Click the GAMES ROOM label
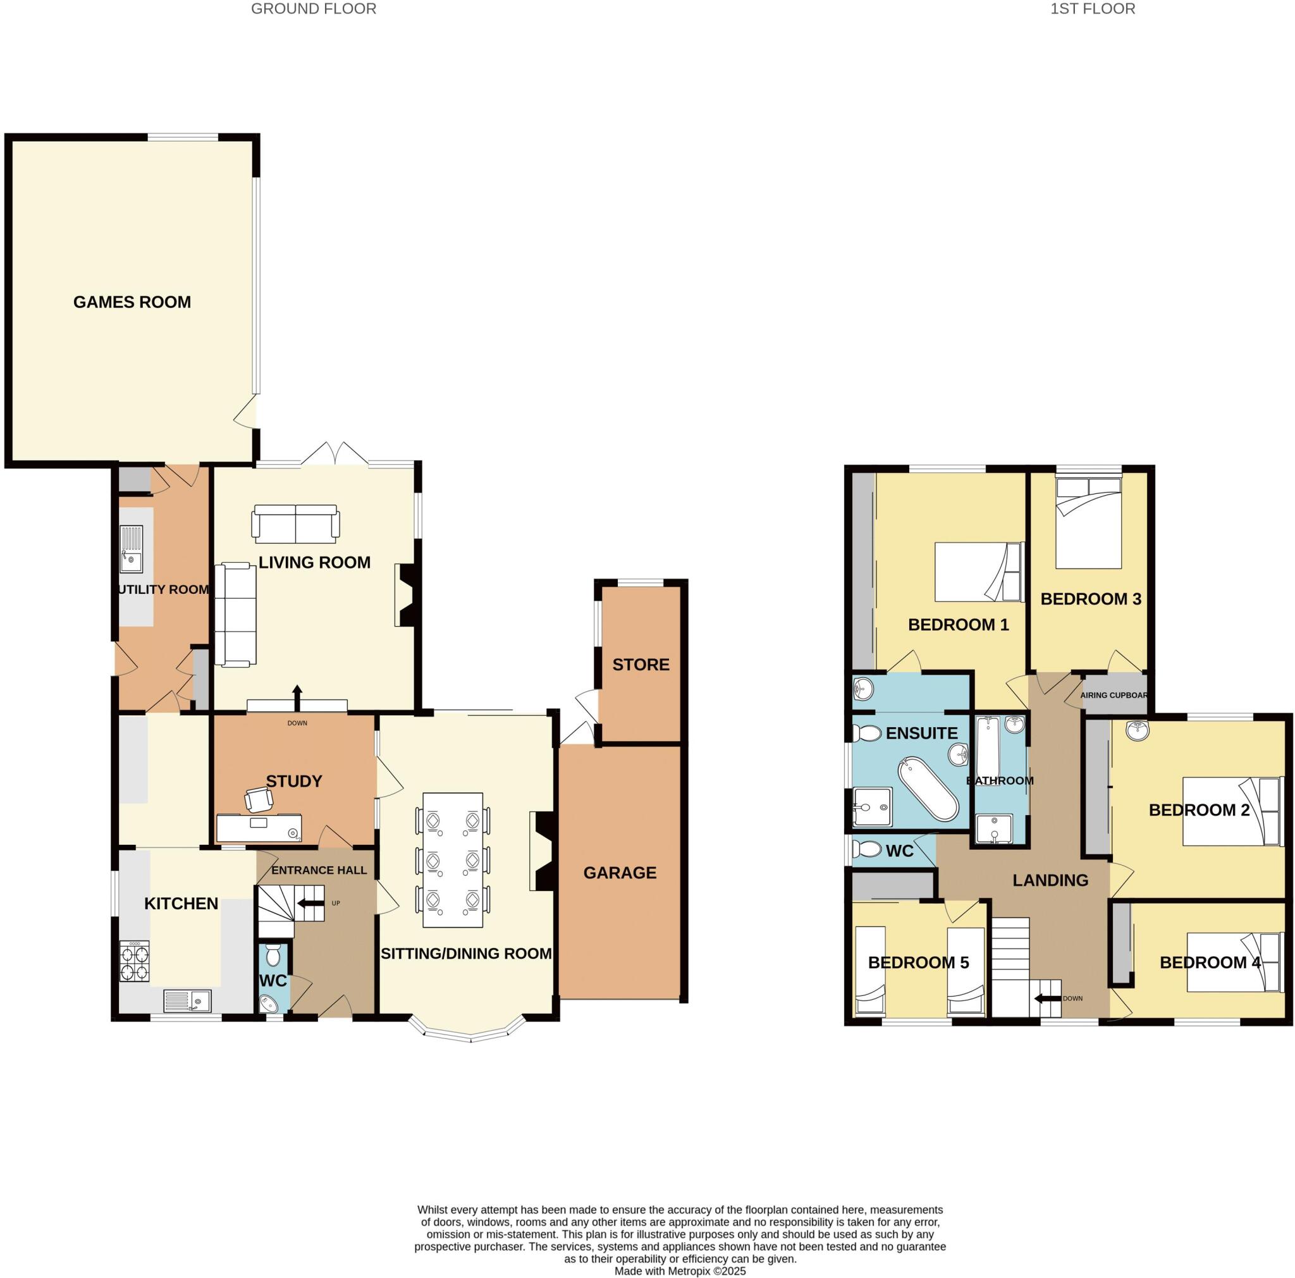coord(132,302)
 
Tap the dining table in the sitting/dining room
coord(453,860)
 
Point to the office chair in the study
coord(259,799)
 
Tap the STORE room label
coord(641,665)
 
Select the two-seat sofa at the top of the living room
coord(295,524)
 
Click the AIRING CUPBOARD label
coord(1114,695)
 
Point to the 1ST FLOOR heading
coord(1092,9)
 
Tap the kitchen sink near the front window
coord(188,1000)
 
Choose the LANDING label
coord(1050,880)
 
